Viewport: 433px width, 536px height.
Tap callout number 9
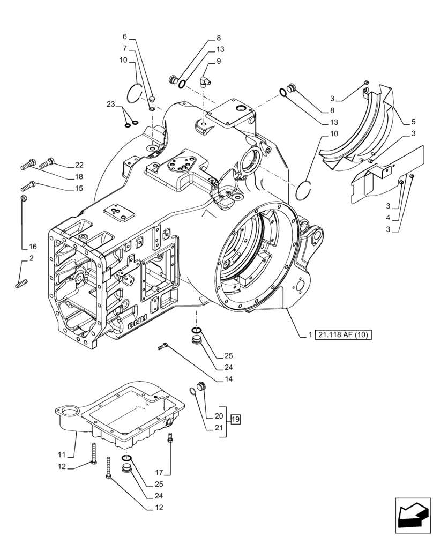click(219, 61)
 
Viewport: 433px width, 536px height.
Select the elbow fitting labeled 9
click(205, 80)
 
